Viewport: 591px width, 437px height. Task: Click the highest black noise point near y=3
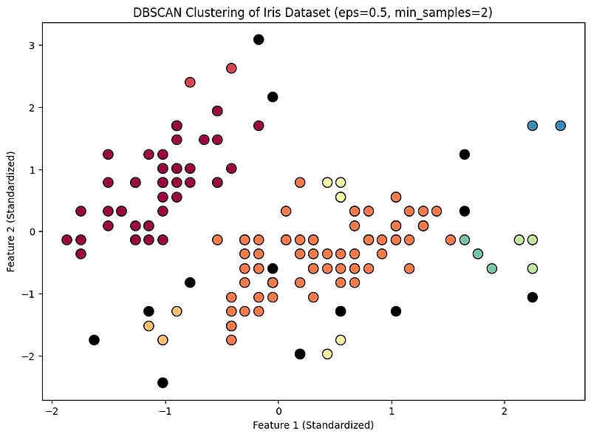point(259,39)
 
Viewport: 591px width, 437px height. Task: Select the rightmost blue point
point(560,126)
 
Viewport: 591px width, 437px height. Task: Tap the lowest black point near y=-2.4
point(163,382)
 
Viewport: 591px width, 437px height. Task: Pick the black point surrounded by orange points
point(273,268)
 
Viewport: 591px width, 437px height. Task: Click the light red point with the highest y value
point(231,68)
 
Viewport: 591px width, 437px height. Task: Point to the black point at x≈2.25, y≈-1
point(533,297)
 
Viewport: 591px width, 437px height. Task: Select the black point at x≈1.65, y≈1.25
point(464,154)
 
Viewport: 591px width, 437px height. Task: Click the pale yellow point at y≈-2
point(327,354)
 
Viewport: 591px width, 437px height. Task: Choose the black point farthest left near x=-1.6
point(94,340)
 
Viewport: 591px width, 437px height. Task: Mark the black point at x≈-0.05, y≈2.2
point(273,97)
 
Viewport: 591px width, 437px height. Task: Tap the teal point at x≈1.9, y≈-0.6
point(492,268)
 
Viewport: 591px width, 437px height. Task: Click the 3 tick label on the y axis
point(32,45)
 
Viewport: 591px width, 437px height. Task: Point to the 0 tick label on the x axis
point(279,410)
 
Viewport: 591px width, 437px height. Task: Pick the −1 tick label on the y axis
point(30,294)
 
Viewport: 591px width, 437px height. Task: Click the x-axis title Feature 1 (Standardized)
point(313,425)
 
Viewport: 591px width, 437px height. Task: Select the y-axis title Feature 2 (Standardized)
point(11,213)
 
